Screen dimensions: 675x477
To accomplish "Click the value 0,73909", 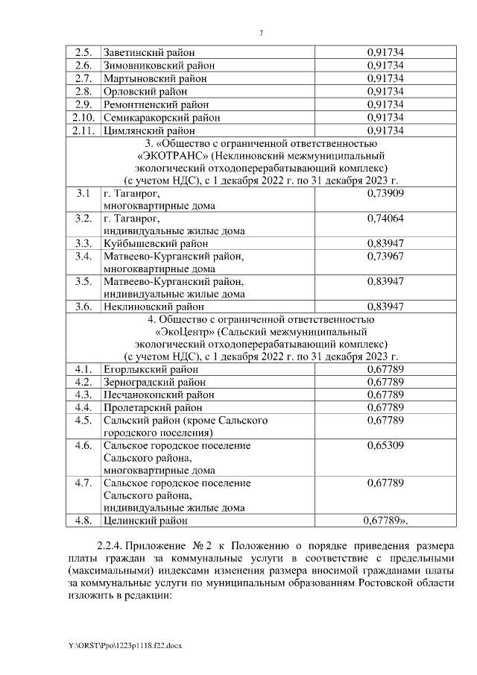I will pos(385,192).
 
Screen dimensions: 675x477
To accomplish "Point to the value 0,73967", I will pos(385,257).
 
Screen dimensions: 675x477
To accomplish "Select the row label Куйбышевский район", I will pos(155,243).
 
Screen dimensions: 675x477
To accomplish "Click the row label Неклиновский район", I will pos(153,307).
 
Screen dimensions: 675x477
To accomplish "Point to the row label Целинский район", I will pos(145,521).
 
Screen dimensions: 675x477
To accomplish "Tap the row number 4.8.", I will pos(83,521).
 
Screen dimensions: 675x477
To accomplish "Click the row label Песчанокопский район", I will pos(159,395).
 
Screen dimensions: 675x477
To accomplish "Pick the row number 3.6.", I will pos(83,307).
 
